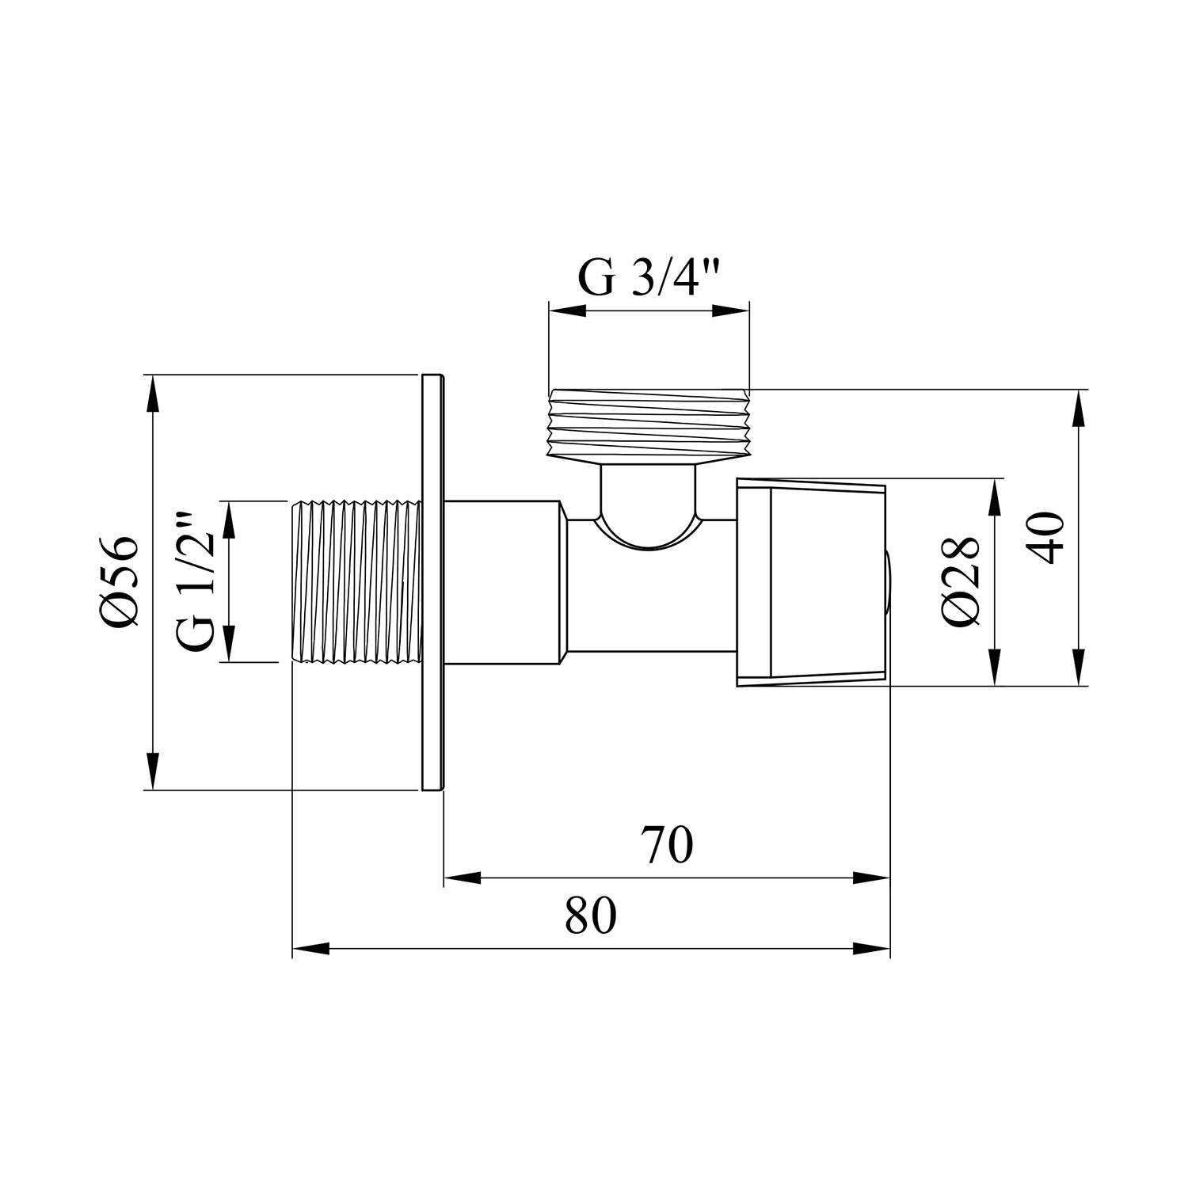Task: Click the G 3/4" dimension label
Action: pyautogui.click(x=649, y=277)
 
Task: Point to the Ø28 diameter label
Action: pyautogui.click(x=962, y=581)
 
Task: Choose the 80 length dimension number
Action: pyautogui.click(x=591, y=916)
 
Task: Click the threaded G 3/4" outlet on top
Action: pyautogui.click(x=649, y=425)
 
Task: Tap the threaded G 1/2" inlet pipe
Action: pyautogui.click(x=356, y=581)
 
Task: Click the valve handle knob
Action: pyautogui.click(x=811, y=582)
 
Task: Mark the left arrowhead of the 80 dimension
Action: pyautogui.click(x=310, y=949)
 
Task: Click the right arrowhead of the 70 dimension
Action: pyautogui.click(x=872, y=878)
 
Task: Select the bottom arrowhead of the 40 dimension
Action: pyautogui.click(x=1077, y=667)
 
